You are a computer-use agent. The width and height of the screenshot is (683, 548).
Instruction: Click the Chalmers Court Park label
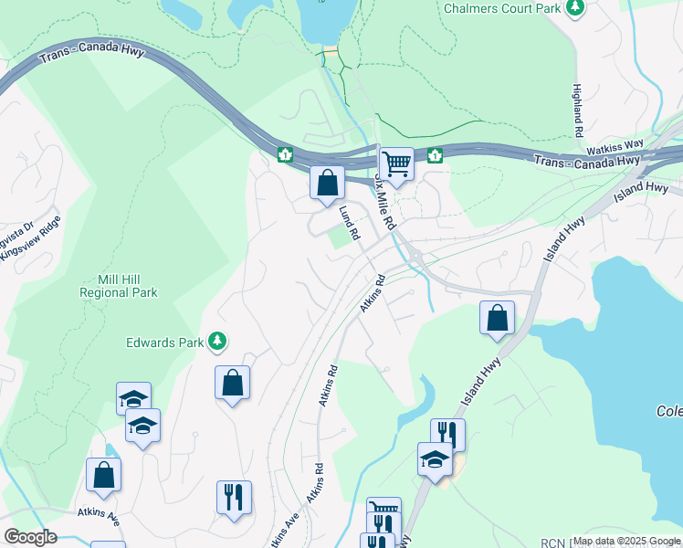click(x=501, y=8)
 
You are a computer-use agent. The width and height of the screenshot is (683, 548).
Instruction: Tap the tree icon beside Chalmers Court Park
click(x=574, y=8)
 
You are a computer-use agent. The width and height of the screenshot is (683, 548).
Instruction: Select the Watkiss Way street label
click(x=615, y=145)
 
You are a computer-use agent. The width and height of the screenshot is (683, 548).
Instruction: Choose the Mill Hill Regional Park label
click(x=119, y=286)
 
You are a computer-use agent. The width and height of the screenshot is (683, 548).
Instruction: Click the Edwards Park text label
click(x=163, y=342)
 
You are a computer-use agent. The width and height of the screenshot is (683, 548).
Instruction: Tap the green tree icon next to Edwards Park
click(x=217, y=342)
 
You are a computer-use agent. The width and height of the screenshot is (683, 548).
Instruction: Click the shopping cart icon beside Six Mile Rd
click(x=397, y=164)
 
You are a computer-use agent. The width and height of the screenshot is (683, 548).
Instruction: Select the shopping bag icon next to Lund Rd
click(x=327, y=183)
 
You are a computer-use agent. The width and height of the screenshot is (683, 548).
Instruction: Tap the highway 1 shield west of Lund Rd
click(x=285, y=154)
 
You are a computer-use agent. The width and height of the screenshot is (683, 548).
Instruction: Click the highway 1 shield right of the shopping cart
click(x=435, y=154)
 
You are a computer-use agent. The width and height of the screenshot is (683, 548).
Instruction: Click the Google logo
click(x=30, y=537)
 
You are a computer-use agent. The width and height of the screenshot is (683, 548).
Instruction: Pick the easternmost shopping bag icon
click(x=498, y=319)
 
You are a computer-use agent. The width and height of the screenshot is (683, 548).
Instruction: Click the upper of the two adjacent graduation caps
click(x=133, y=398)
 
